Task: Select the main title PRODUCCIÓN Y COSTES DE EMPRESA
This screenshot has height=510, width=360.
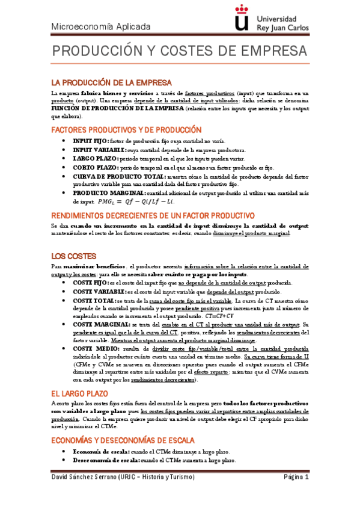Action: (x=178, y=51)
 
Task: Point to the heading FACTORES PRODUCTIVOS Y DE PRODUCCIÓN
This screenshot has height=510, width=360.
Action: (x=126, y=129)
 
